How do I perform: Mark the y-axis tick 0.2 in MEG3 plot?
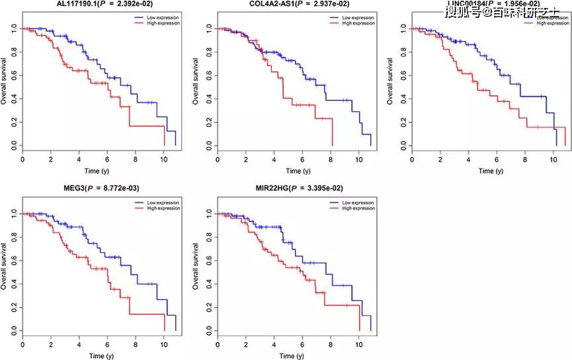tap(15, 307)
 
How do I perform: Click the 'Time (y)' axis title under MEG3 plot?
tap(99, 355)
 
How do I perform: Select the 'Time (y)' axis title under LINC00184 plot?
tap(486, 171)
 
